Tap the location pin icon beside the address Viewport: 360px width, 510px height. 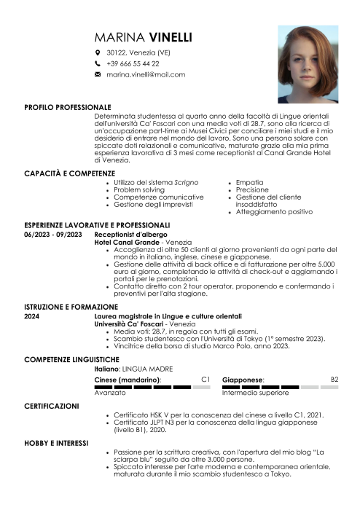tap(98, 53)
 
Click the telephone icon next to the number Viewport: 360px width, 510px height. tap(98, 63)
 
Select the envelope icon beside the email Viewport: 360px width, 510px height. tap(98, 74)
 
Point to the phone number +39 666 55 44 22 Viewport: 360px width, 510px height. tap(133, 63)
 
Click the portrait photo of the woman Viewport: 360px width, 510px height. tap(308, 63)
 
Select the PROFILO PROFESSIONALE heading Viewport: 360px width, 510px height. tap(68, 106)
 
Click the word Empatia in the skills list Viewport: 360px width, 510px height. tap(251, 181)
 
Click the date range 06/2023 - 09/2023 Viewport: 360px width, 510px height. tap(52, 235)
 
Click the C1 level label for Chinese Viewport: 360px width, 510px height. tap(206, 380)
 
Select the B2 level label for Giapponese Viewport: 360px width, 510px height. tap(334, 380)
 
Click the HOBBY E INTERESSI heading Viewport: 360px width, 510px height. tap(56, 442)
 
